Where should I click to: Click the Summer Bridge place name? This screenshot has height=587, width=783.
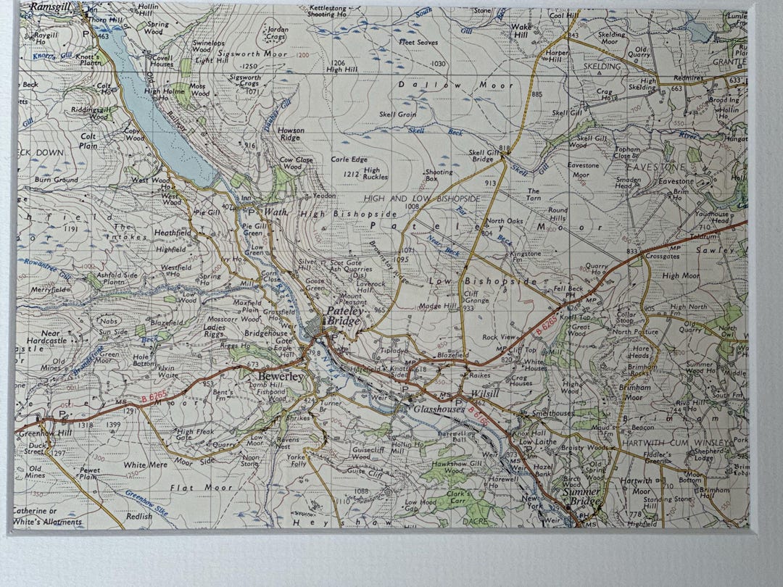[x=581, y=496]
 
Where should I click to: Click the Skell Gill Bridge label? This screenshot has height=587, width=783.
[x=485, y=157]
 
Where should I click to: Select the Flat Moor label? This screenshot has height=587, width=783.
[x=191, y=488]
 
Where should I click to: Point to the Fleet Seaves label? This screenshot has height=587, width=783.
[x=418, y=43]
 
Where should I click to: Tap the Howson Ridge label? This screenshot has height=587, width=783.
[x=291, y=134]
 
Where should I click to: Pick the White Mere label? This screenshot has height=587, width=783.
[x=145, y=465]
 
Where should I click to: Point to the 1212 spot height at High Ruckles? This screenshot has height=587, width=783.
[x=352, y=174]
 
